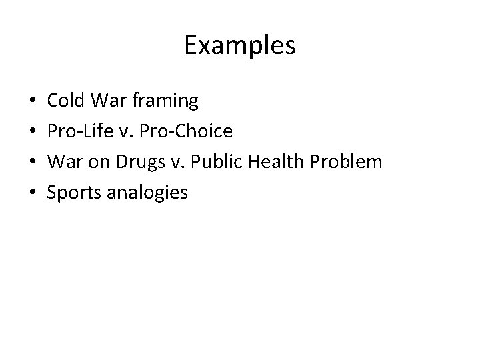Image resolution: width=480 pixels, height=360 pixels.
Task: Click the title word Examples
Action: [239, 46]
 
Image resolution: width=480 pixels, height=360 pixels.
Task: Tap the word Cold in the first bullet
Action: [66, 101]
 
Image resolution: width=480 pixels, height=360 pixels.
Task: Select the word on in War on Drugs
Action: [99, 163]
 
